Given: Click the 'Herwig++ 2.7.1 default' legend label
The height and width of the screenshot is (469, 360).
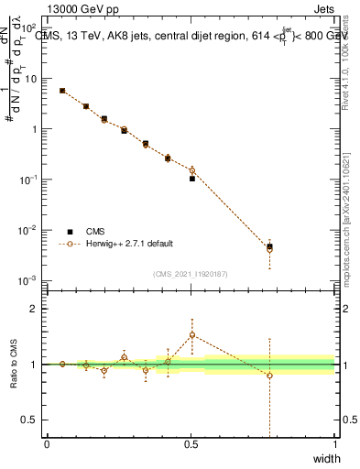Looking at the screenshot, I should [129, 244].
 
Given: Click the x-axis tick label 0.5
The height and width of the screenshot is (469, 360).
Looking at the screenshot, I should [191, 444].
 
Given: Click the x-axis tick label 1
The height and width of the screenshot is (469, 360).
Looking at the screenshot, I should [334, 444].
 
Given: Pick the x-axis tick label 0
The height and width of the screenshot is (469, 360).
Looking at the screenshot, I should [47, 444].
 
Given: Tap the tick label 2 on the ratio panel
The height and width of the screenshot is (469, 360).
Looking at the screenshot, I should [37, 309].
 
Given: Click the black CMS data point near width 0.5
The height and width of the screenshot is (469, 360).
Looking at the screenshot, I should [192, 179].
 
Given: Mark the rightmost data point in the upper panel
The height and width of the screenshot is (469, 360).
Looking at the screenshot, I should [269, 246].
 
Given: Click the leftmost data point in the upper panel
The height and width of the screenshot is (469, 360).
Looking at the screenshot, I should [61, 91].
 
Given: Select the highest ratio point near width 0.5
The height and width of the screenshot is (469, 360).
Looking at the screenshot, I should [192, 335].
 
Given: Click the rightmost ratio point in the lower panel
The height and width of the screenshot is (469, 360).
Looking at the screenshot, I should [269, 376].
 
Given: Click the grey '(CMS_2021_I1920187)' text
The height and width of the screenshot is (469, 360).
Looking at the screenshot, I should [191, 273].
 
